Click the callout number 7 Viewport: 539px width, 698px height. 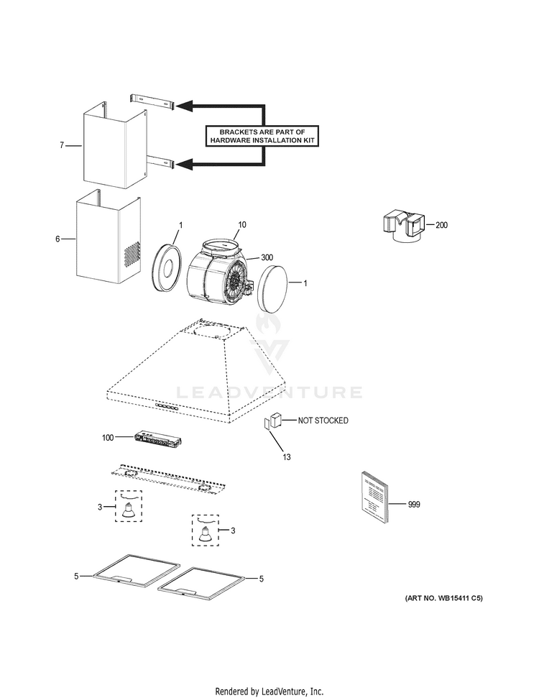click(62, 145)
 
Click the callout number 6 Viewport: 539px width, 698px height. click(58, 238)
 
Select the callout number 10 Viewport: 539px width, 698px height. click(242, 225)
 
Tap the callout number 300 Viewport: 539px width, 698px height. click(267, 257)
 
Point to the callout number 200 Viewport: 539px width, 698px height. click(441, 225)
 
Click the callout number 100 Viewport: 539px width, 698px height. click(108, 437)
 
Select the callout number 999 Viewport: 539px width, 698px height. click(413, 504)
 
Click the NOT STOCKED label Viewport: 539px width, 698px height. click(323, 421)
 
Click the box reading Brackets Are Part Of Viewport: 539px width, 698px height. click(262, 136)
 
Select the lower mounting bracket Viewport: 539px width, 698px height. click(152, 163)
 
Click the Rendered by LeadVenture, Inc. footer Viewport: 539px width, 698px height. click(269, 691)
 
